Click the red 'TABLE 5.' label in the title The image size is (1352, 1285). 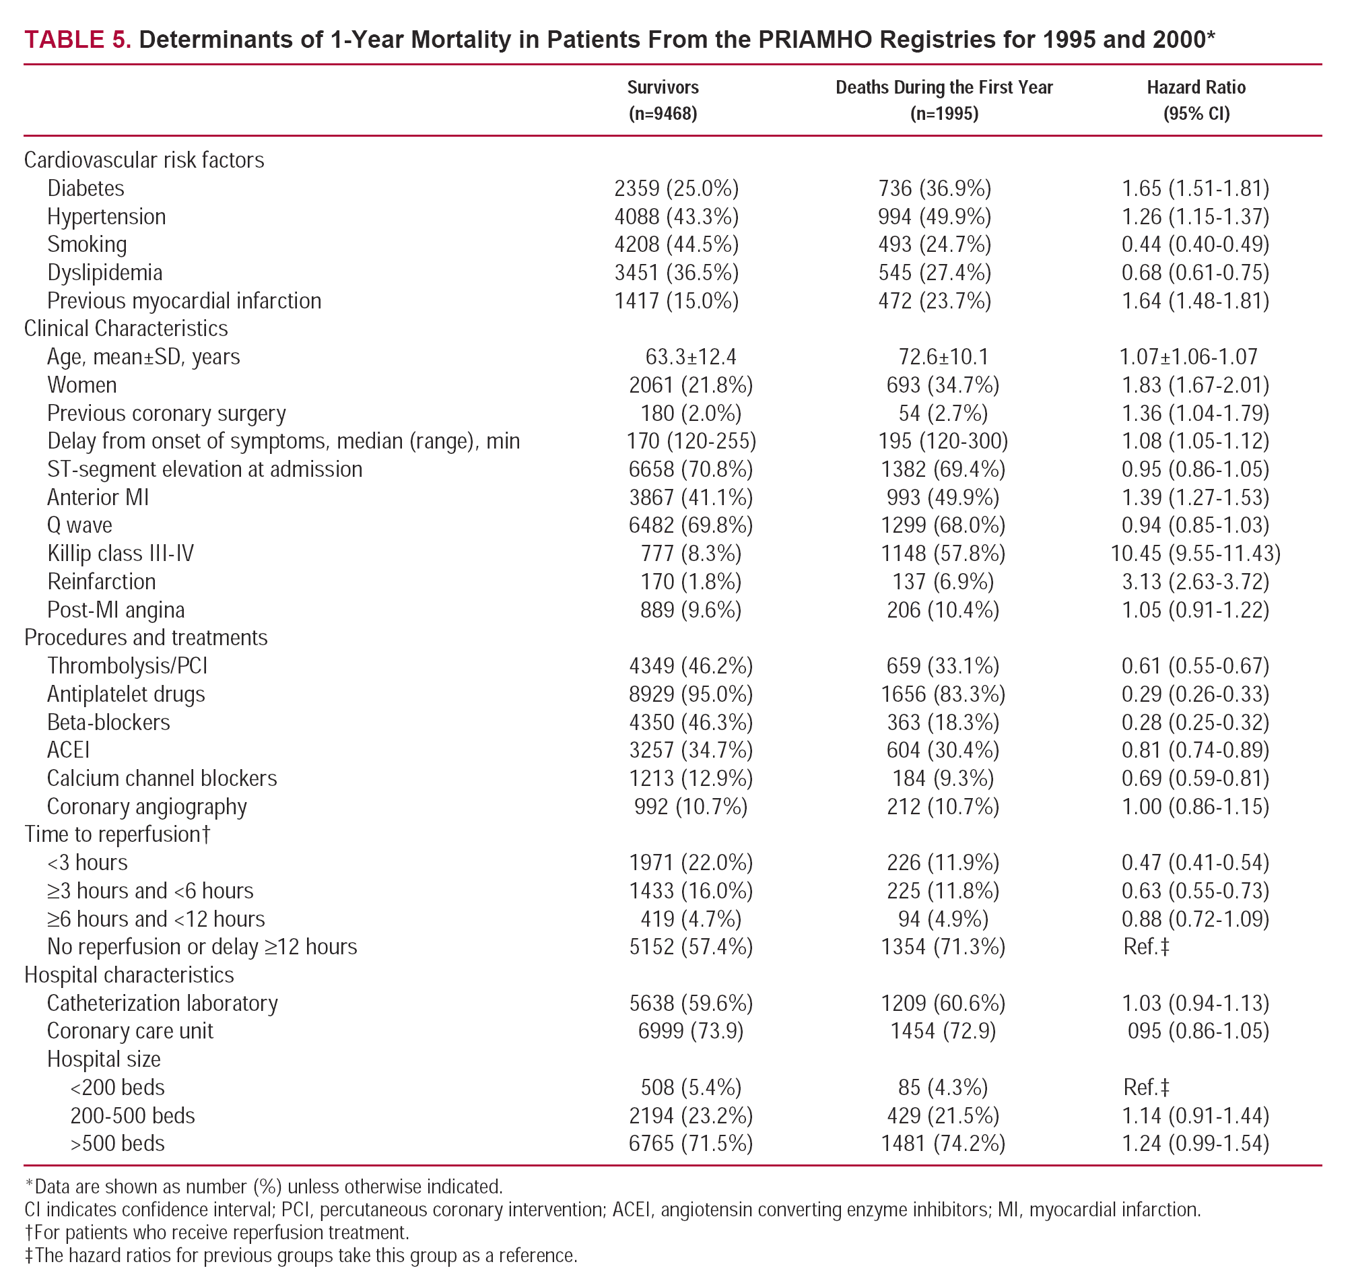pyautogui.click(x=77, y=40)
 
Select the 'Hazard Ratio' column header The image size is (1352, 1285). pyautogui.click(x=1196, y=88)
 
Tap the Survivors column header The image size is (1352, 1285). pyautogui.click(x=663, y=88)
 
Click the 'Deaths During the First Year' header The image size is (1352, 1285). pyautogui.click(x=944, y=88)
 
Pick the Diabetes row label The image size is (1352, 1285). pyautogui.click(x=86, y=189)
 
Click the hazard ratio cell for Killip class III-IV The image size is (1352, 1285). pyautogui.click(x=1195, y=554)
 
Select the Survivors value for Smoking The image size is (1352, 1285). pyautogui.click(x=676, y=244)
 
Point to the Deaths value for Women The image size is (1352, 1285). pyautogui.click(x=943, y=385)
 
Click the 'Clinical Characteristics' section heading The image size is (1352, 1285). pyautogui.click(x=126, y=329)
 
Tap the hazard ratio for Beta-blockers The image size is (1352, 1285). pyautogui.click(x=1195, y=723)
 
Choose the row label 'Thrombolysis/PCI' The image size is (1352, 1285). pyautogui.click(x=127, y=666)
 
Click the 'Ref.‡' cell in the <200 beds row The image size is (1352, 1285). pyautogui.click(x=1146, y=1088)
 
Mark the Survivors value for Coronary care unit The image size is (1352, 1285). pyautogui.click(x=690, y=1031)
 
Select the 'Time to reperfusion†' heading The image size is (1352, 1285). pyautogui.click(x=117, y=834)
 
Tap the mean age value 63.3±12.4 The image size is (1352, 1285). pyautogui.click(x=690, y=357)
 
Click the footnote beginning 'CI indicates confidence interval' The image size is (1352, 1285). pyautogui.click(x=611, y=1210)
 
